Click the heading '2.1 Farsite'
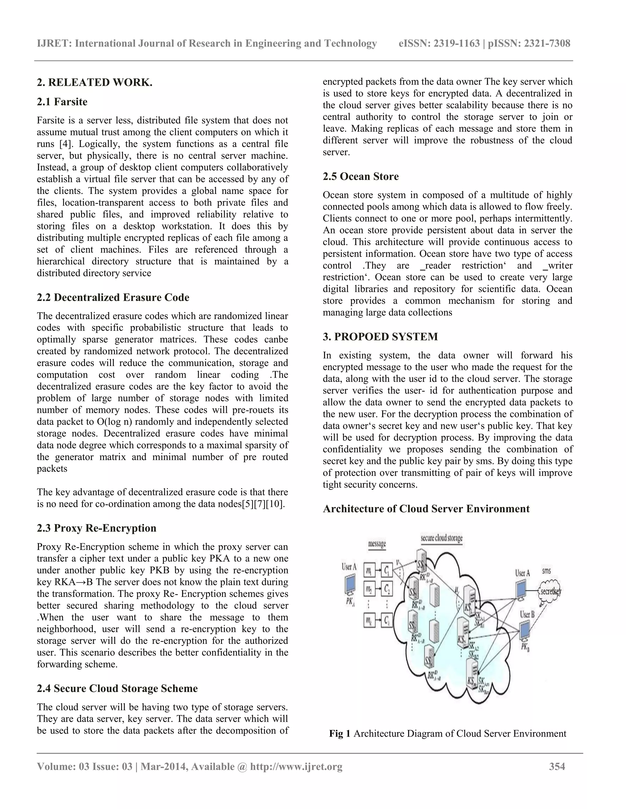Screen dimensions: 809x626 click(62, 102)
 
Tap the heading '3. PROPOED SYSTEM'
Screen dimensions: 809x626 click(380, 337)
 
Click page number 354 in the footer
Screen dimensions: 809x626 click(557, 766)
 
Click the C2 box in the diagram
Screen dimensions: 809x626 click(387, 589)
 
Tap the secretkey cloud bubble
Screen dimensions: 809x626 click(550, 592)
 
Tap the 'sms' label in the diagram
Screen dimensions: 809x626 click(546, 571)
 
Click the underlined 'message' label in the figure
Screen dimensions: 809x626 click(377, 544)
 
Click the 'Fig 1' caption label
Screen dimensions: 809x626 click(339, 734)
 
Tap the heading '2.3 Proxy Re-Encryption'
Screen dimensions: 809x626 click(96, 528)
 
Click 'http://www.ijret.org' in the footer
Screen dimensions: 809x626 click(296, 766)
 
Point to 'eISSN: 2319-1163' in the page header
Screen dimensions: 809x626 click(439, 44)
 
